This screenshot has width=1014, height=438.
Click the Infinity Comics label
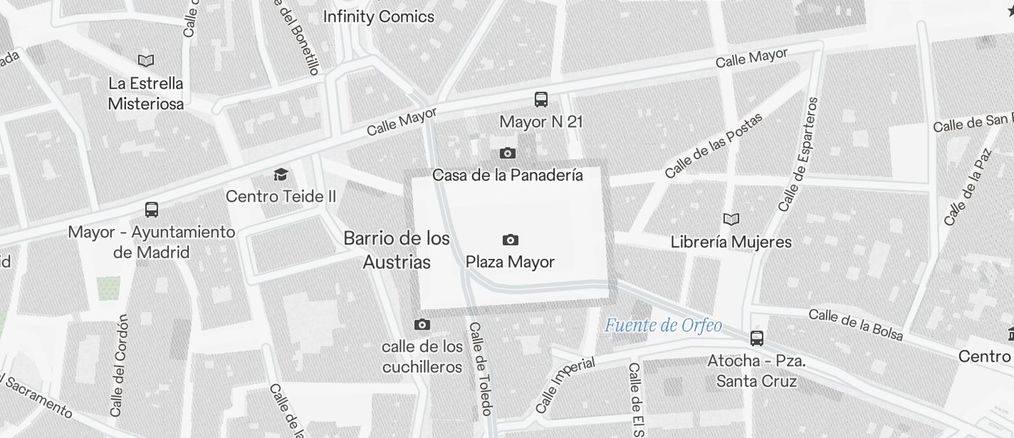[x=378, y=16]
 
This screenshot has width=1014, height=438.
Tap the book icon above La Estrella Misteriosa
[x=146, y=61]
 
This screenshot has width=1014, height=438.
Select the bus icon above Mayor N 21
[x=541, y=100]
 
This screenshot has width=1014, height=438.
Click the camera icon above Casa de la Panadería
[x=507, y=153]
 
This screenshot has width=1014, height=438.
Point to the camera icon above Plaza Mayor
[x=510, y=240]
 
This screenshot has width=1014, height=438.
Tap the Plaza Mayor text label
[x=510, y=262]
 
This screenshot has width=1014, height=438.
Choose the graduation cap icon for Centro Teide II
[x=281, y=174]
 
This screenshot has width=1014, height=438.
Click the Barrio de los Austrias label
[x=397, y=250]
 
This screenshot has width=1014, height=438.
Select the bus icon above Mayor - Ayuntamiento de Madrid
[x=152, y=210]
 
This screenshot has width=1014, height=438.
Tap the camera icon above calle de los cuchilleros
[x=422, y=325]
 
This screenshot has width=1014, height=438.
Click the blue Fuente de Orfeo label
[x=663, y=326]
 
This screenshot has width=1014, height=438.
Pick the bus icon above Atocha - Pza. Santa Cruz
[x=756, y=338]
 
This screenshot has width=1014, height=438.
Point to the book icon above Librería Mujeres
[x=731, y=219]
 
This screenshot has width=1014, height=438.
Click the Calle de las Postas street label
[x=714, y=145]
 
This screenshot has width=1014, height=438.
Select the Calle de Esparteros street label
[x=798, y=154]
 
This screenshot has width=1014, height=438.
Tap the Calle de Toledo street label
[x=481, y=368]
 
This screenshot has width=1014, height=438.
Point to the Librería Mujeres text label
[x=731, y=242]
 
